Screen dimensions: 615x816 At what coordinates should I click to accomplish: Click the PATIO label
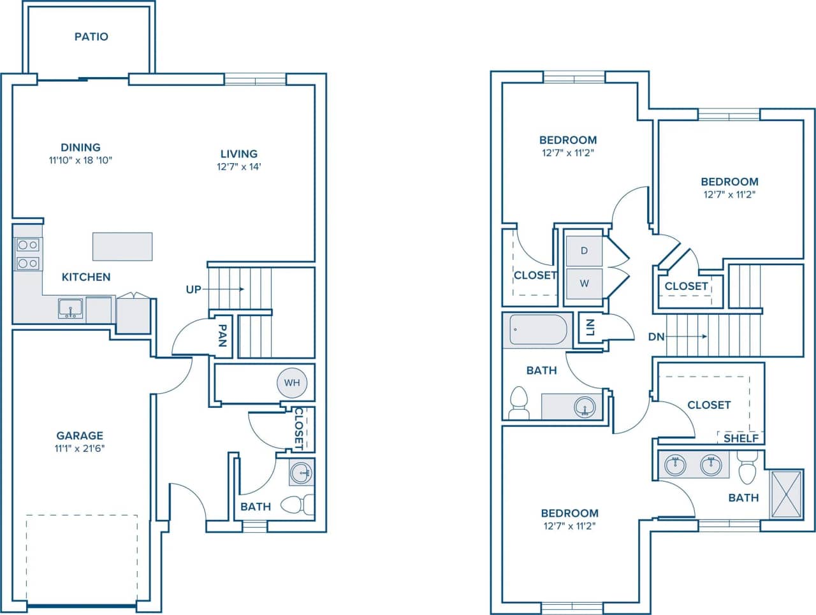pos(91,37)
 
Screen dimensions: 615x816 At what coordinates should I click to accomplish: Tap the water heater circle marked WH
pos(292,383)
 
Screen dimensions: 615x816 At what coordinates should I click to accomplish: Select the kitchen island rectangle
pos(122,247)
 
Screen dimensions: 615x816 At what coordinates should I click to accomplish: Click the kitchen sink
pos(70,308)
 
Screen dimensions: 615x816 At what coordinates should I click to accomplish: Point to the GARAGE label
pos(80,436)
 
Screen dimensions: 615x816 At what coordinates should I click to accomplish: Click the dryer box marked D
pos(584,251)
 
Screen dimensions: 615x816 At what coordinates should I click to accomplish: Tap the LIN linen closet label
pos(590,328)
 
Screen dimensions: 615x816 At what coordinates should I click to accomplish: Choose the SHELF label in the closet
pos(741,438)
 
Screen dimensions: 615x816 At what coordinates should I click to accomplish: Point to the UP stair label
pos(193,289)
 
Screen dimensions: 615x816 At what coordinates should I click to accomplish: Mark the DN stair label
pos(657,336)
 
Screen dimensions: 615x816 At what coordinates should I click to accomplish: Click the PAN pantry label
pos(222,335)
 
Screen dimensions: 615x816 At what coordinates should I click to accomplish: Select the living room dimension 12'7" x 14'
pos(239,167)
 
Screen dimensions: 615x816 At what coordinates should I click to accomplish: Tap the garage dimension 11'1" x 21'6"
pos(80,448)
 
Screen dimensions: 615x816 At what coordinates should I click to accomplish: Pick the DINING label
pos(81,147)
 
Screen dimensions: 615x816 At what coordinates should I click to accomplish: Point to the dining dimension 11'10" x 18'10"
pos(81,161)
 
